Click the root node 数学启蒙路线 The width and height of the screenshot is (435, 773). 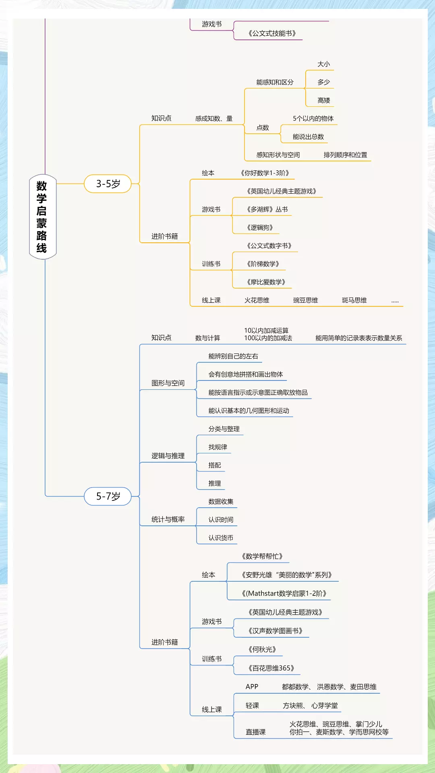click(42, 217)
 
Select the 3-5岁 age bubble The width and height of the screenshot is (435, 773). click(108, 184)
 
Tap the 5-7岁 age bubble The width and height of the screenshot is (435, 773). click(108, 496)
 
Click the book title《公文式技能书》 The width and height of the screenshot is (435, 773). click(272, 33)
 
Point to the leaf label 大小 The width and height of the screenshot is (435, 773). click(323, 64)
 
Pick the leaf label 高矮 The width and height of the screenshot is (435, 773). click(323, 100)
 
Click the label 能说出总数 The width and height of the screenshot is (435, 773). click(308, 136)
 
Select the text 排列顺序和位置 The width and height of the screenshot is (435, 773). click(345, 155)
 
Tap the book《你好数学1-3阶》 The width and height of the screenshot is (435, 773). click(265, 173)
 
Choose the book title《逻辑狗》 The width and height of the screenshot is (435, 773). click(260, 227)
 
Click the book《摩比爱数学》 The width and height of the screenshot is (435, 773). click(266, 282)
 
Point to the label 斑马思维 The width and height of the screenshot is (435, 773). click(354, 300)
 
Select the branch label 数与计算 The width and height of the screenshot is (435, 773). click(207, 338)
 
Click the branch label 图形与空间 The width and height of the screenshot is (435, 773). click(168, 383)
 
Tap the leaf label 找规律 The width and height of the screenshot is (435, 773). click(217, 447)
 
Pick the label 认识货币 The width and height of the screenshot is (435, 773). click(220, 537)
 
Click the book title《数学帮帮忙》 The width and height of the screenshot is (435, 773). click(262, 556)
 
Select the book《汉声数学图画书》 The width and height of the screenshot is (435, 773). click(275, 630)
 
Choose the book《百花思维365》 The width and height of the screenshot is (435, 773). click(271, 668)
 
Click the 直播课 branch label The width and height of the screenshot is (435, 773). click(255, 732)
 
